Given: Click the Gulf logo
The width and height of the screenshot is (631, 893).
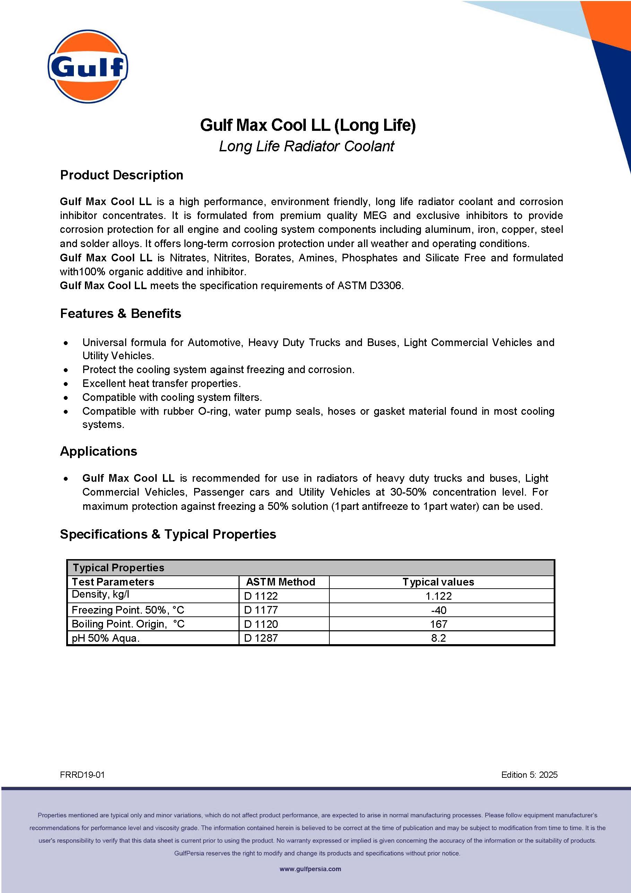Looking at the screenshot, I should [x=88, y=67].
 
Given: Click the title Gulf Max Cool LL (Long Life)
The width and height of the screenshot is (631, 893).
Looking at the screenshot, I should [x=308, y=125].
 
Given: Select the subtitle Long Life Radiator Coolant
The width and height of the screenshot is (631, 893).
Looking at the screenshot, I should [x=306, y=146].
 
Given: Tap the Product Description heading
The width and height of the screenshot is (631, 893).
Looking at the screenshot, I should [x=122, y=175].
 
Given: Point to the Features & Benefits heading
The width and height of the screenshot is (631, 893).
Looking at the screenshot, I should [x=120, y=313].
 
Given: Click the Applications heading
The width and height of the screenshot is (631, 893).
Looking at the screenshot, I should [x=99, y=451].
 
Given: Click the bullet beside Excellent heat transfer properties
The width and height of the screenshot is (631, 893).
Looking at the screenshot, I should [x=66, y=384].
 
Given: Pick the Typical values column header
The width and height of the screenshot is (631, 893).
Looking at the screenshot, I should [x=438, y=582].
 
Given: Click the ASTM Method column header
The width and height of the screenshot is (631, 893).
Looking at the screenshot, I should [x=280, y=582].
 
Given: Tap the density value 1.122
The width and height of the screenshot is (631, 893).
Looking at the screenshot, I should [x=438, y=596].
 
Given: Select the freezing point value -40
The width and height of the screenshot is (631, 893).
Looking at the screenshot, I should [x=438, y=610].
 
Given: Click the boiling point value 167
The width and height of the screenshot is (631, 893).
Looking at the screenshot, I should [x=438, y=624].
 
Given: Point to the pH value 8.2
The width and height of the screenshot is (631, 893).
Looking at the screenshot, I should [x=438, y=638].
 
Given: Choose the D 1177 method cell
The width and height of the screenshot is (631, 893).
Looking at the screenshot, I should [x=261, y=610].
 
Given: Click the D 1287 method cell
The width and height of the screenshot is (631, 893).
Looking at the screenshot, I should [x=261, y=638].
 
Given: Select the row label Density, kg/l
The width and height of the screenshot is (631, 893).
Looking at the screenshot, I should [x=101, y=594].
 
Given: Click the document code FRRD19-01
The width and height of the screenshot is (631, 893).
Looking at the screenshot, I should [x=83, y=775].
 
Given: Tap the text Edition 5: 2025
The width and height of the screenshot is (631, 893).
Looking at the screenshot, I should [x=529, y=775].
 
